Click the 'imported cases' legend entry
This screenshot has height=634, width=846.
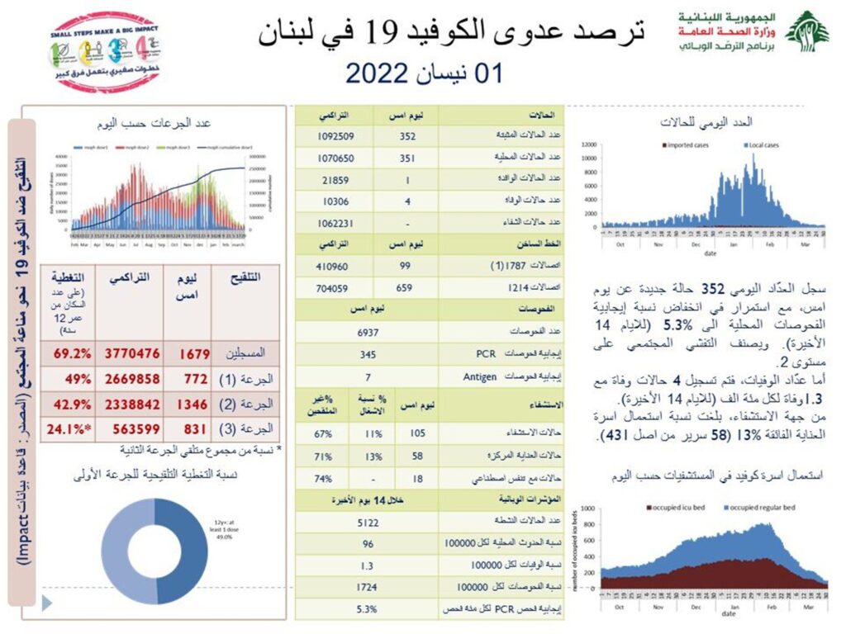click(x=686, y=145)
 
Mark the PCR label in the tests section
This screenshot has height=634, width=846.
click(x=484, y=354)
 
